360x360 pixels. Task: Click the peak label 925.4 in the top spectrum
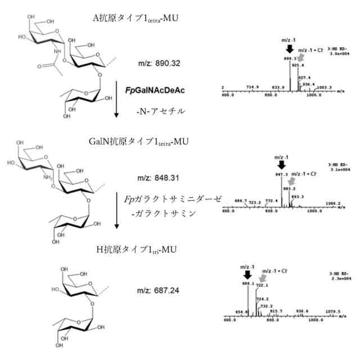[299, 65]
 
